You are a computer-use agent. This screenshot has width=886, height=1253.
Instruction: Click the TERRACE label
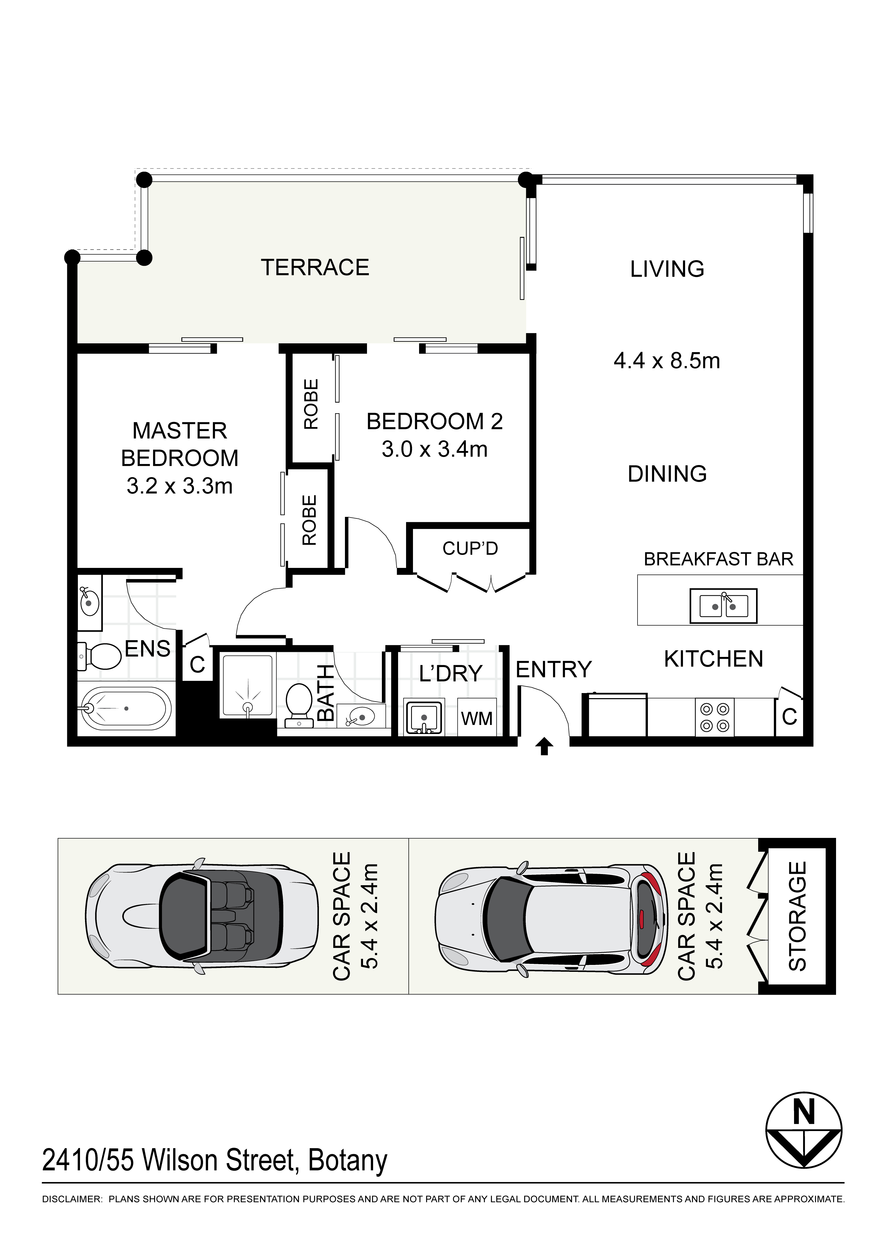(315, 267)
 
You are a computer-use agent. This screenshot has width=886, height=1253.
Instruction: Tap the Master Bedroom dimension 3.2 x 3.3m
(179, 486)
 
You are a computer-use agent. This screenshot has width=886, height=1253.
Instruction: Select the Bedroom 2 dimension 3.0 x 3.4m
(434, 449)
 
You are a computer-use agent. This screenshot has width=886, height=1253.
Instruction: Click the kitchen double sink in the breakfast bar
(723, 606)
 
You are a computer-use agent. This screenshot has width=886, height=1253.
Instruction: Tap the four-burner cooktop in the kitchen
(715, 717)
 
